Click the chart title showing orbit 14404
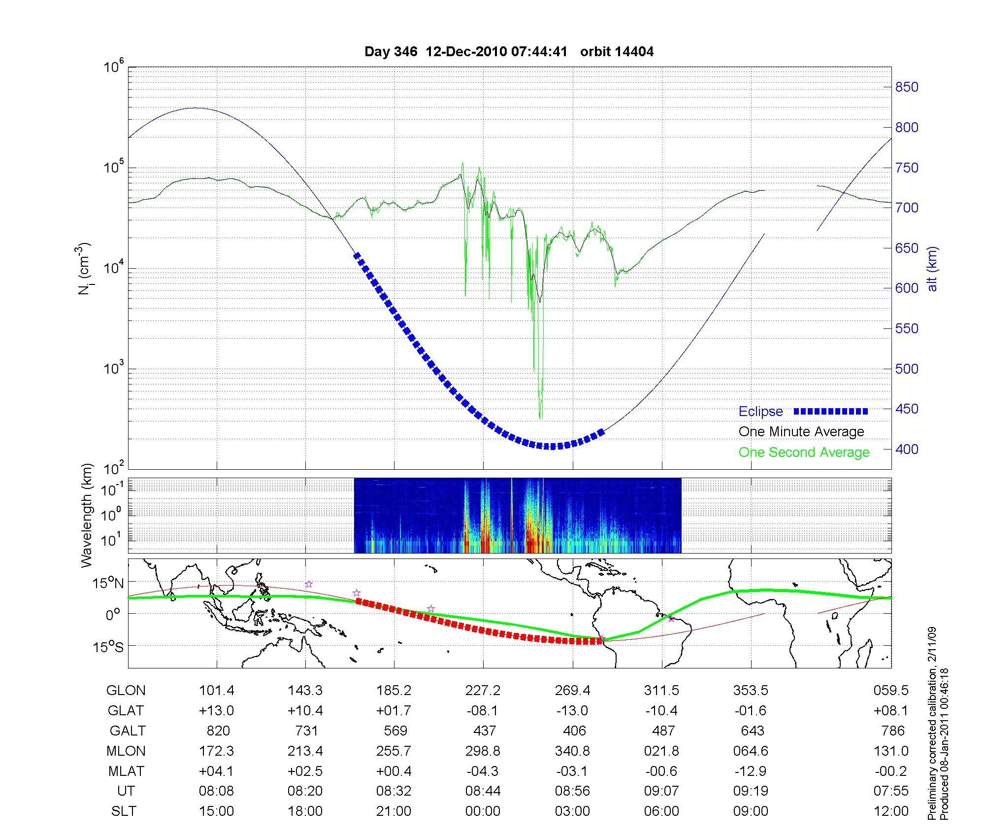509,52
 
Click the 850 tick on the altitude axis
907,87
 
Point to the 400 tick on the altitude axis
907,449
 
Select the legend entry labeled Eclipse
761,411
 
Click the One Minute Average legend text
801,432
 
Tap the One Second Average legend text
804,452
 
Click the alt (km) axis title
932,269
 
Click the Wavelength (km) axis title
87,515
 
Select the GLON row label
126,691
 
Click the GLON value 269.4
572,691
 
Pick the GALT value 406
574,731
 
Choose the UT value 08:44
483,791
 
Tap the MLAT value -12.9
751,771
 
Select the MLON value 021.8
662,751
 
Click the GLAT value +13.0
217,711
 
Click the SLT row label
124,811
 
